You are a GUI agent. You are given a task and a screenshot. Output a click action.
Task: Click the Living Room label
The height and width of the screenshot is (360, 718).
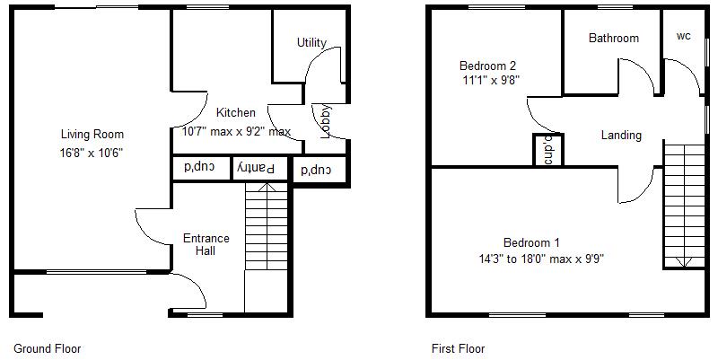coord(92,135)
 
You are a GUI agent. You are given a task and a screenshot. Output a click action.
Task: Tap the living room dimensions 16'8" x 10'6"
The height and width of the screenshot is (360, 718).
coord(92,153)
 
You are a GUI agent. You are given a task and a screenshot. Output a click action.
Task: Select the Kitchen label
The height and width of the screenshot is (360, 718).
coord(236,113)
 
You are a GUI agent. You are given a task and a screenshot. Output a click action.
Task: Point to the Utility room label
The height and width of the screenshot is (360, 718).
coord(311,42)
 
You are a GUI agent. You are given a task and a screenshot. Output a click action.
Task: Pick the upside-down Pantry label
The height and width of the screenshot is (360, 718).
coord(258,168)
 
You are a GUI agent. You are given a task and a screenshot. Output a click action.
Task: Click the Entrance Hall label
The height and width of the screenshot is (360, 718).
coord(206,244)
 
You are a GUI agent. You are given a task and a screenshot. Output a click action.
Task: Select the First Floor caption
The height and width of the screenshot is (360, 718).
coord(458,348)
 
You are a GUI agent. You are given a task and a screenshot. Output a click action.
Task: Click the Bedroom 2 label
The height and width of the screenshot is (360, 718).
coord(487,66)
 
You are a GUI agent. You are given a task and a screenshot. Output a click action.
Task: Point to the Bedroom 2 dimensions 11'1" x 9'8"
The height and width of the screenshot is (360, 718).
coord(489,80)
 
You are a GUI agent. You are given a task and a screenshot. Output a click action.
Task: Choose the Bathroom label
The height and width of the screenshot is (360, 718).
coord(614,38)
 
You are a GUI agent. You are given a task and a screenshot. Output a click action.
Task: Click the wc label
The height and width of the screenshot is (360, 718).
coord(684,37)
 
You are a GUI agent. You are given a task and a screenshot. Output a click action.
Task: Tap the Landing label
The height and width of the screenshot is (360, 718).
coord(621,136)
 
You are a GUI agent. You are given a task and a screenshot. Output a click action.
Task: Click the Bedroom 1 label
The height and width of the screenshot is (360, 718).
coord(531,242)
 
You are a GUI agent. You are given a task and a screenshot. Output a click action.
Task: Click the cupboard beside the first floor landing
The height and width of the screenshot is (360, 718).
coord(547,149)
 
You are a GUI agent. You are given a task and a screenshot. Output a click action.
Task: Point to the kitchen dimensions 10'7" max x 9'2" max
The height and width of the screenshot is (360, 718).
coord(232,132)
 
